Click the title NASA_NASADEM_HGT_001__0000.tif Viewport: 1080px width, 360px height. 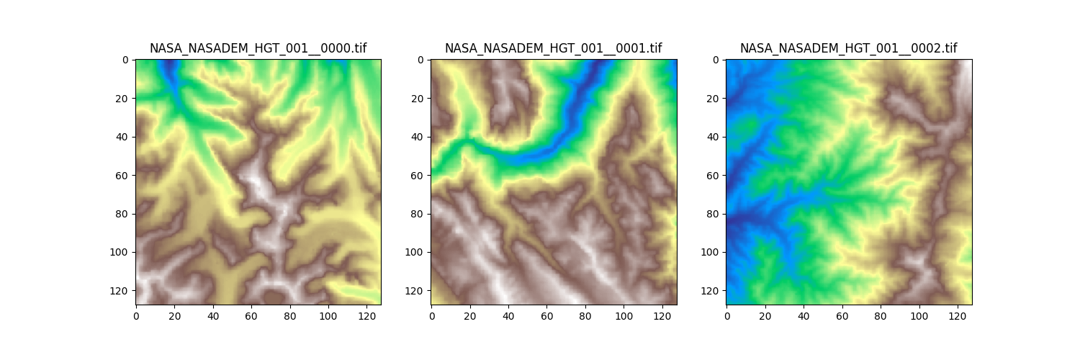point(258,49)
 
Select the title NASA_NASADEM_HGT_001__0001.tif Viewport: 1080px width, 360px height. point(553,49)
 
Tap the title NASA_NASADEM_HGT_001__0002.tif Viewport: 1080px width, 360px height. point(848,49)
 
